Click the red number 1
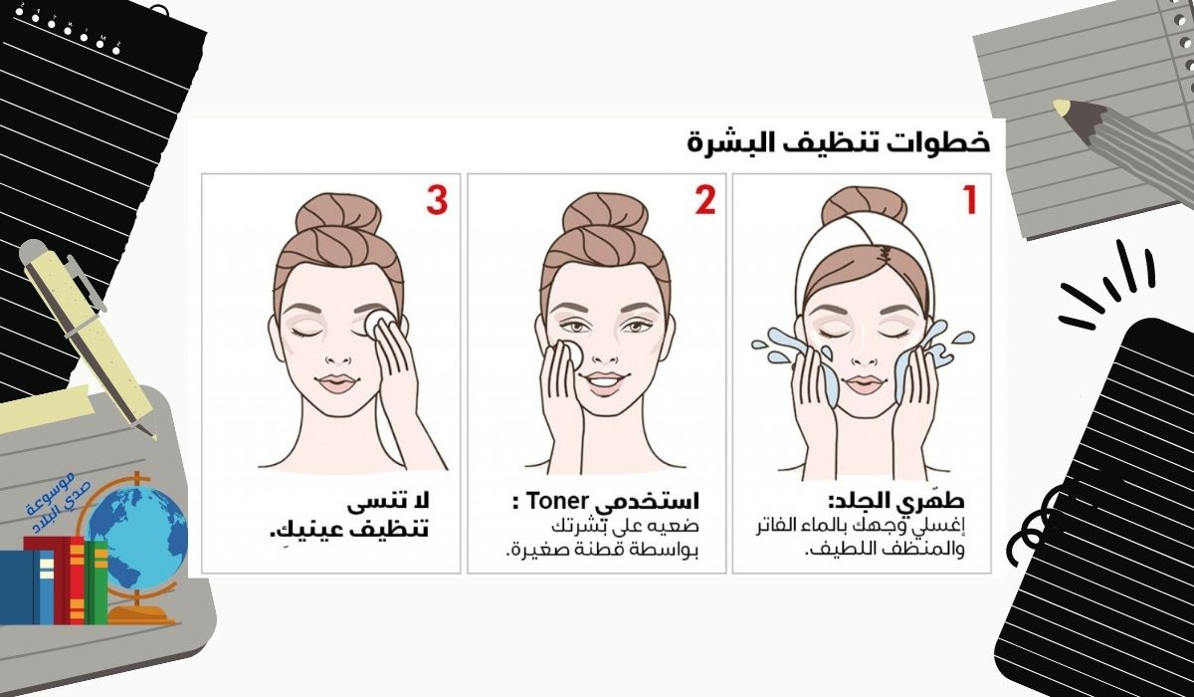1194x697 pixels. [x=969, y=200]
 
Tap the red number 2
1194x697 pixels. [x=704, y=200]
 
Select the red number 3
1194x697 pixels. [x=437, y=200]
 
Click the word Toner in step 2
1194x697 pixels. [x=556, y=501]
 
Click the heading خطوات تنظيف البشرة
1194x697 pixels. [x=839, y=143]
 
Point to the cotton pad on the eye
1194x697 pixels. [x=379, y=323]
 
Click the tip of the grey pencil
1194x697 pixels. [x=1057, y=105]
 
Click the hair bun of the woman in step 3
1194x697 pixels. [x=338, y=212]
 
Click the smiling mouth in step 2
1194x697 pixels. [x=603, y=383]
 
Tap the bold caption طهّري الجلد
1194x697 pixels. [x=896, y=501]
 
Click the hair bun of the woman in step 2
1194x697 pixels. [x=605, y=212]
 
